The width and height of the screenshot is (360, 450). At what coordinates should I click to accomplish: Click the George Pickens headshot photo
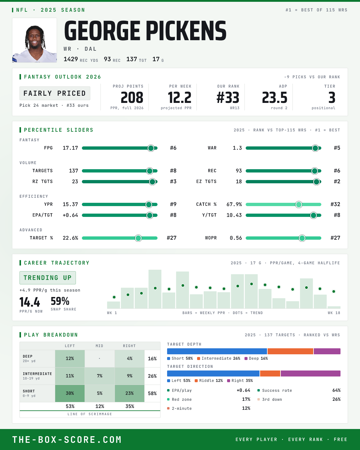[x=34, y=40]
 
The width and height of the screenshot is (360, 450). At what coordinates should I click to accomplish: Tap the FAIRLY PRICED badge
[x=55, y=93]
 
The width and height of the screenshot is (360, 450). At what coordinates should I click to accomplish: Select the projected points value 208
[x=132, y=98]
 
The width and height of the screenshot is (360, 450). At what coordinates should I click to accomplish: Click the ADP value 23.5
[x=275, y=98]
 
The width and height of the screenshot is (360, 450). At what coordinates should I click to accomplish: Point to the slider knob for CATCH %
[x=299, y=205]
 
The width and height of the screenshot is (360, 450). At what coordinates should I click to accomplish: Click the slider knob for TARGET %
[x=138, y=238]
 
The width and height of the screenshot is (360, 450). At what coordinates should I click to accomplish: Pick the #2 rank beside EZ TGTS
[x=337, y=181]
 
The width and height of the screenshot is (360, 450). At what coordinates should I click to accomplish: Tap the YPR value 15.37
[x=70, y=204]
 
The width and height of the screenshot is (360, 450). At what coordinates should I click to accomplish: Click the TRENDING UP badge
[x=48, y=278]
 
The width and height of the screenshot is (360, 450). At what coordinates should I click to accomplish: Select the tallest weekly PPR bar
[x=155, y=289]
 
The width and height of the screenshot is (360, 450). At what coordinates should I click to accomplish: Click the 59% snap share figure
[x=60, y=301]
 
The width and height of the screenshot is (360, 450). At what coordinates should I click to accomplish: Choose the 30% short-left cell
[x=70, y=393]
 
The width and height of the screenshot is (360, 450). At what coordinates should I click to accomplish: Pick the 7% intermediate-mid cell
[x=100, y=376]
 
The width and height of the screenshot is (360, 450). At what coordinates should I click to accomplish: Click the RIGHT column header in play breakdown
[x=129, y=346]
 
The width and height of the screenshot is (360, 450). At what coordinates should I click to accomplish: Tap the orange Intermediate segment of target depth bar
[x=290, y=351]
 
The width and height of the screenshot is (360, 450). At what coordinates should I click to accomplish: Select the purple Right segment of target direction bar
[x=310, y=373]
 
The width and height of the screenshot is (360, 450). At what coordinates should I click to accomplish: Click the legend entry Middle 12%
[x=208, y=381]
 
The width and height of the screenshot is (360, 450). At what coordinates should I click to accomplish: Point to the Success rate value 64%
[x=336, y=390]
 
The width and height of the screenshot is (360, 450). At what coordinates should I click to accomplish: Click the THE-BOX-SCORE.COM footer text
[x=67, y=439]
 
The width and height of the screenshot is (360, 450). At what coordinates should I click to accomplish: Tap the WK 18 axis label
[x=334, y=313]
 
